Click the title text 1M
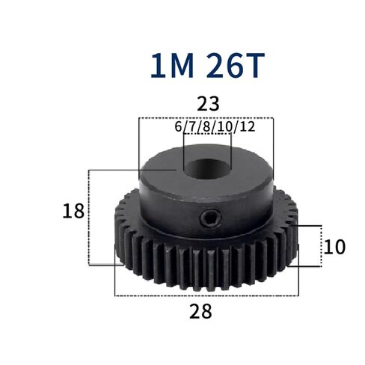(172, 66)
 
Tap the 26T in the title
(235, 66)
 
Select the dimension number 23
(208, 104)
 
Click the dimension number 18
(73, 211)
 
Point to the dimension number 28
(200, 311)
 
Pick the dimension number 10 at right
(334, 247)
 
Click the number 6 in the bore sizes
(179, 126)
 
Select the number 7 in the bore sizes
(192, 126)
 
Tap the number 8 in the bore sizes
(206, 126)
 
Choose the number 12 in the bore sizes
(248, 126)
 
